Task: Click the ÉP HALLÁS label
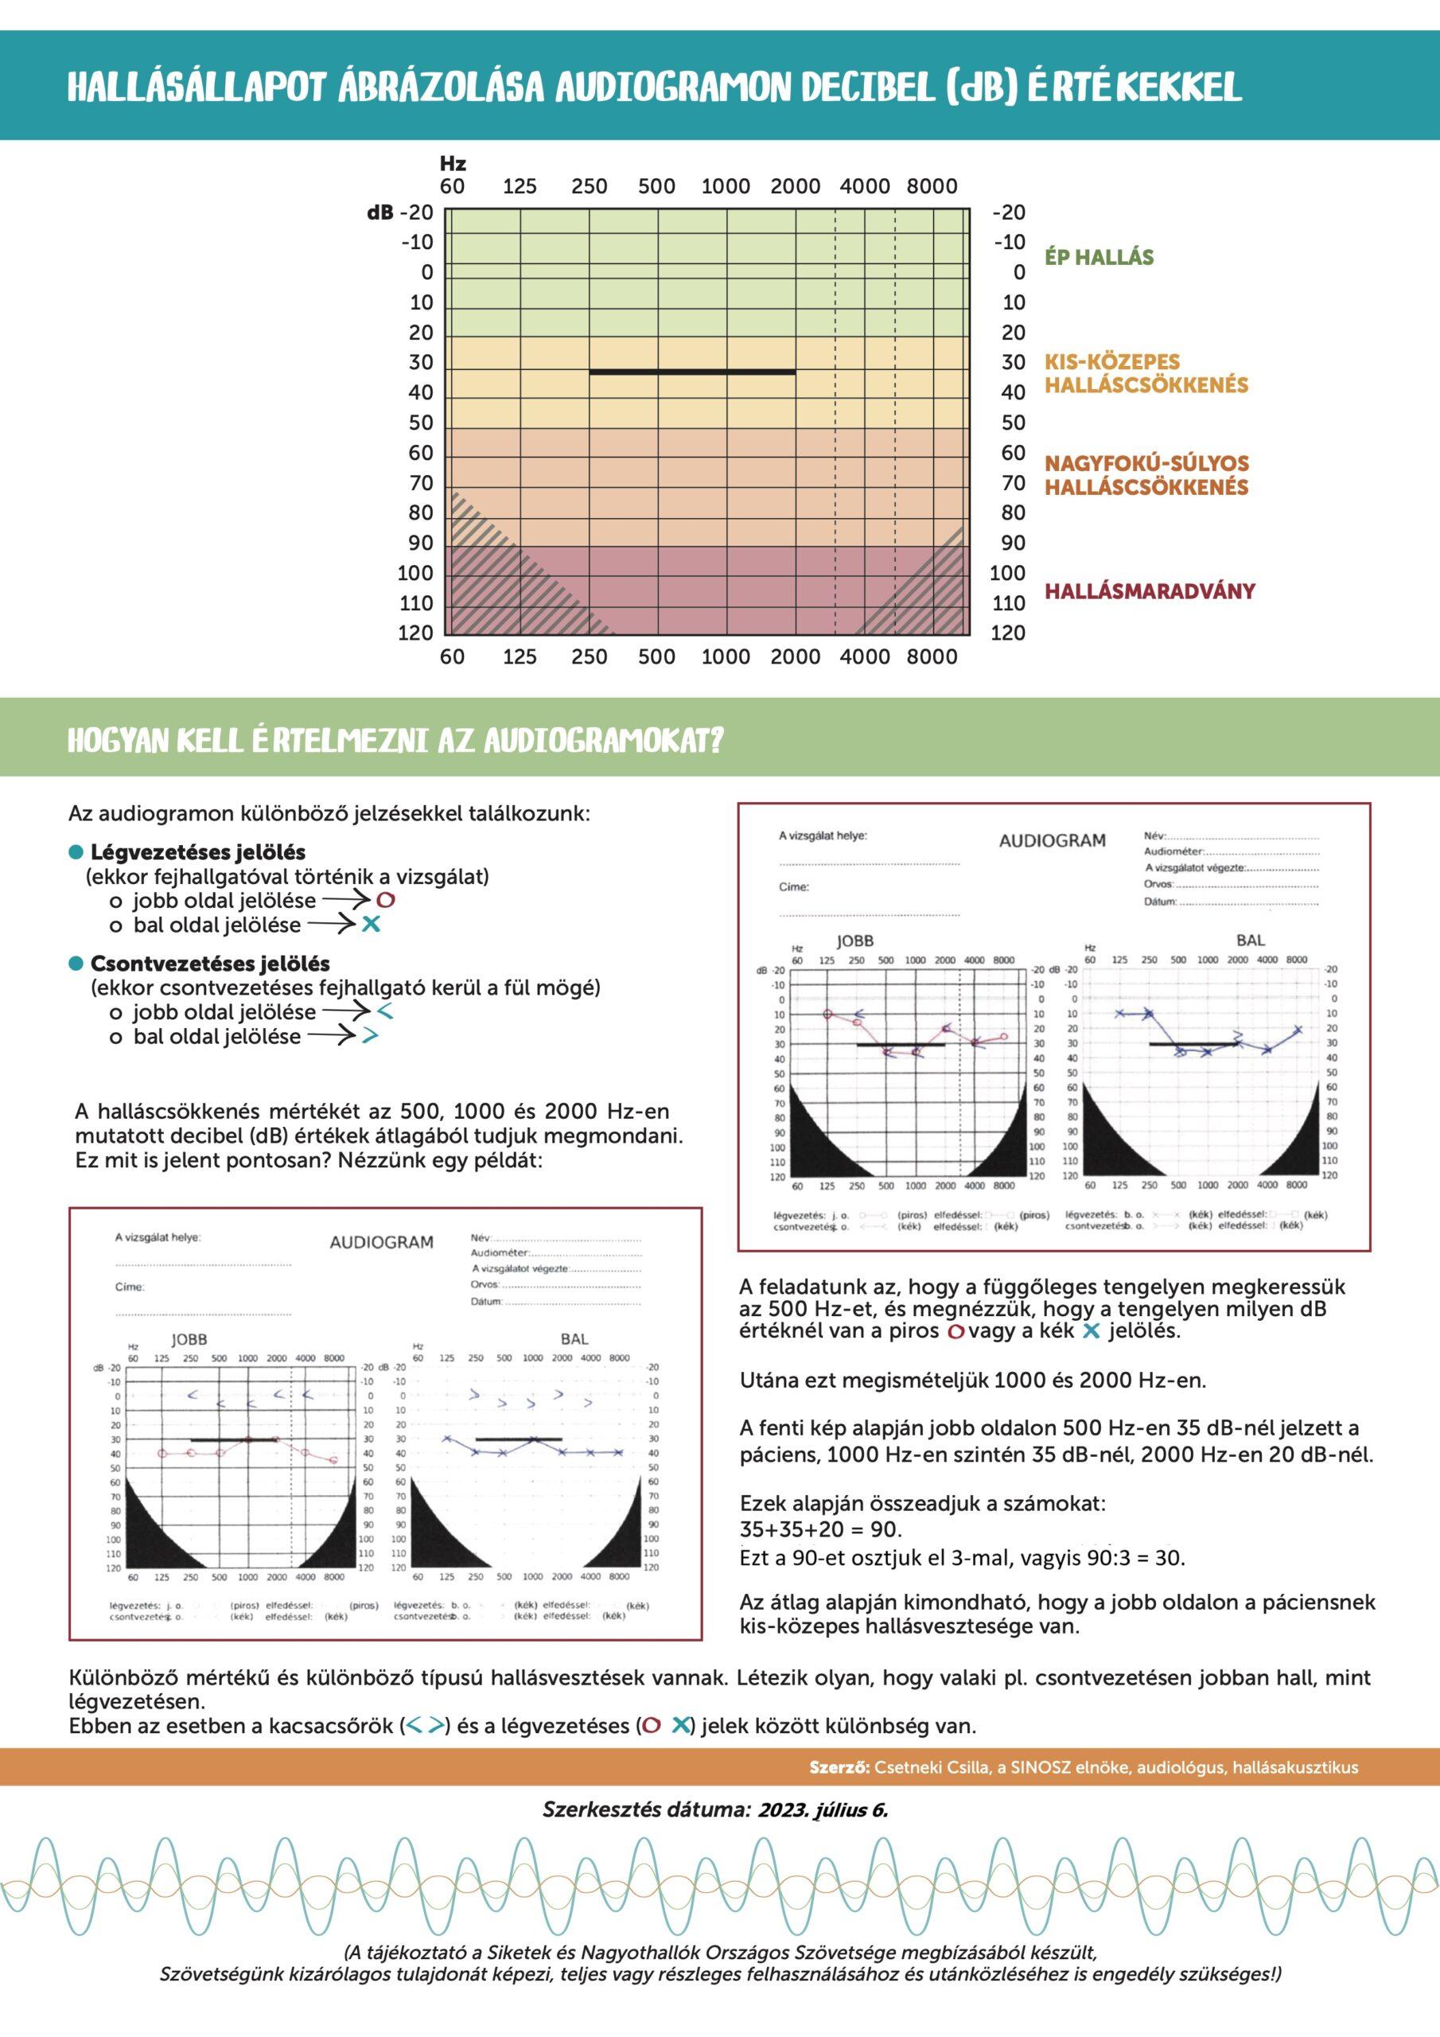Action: pyautogui.click(x=1099, y=257)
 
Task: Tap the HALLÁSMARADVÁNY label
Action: pyautogui.click(x=1149, y=591)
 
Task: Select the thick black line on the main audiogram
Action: pyautogui.click(x=692, y=371)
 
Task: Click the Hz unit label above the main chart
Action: pyautogui.click(x=453, y=163)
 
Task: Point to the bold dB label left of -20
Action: pyautogui.click(x=379, y=213)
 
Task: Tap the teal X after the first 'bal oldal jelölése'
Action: pyautogui.click(x=371, y=925)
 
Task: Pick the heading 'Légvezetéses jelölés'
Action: pyautogui.click(x=198, y=851)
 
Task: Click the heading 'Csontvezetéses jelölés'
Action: pyautogui.click(x=210, y=964)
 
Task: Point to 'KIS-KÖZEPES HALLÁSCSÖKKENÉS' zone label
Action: pyautogui.click(x=1146, y=373)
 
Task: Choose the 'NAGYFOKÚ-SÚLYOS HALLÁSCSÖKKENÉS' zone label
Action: pyautogui.click(x=1146, y=475)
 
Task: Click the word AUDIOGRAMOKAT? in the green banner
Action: pyautogui.click(x=603, y=741)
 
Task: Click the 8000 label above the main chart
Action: pyautogui.click(x=932, y=186)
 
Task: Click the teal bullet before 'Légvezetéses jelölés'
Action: pyautogui.click(x=76, y=851)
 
